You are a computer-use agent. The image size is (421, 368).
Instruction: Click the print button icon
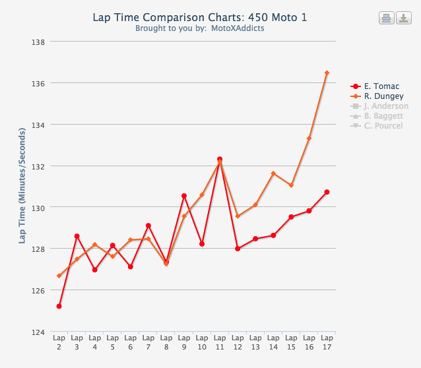(386, 18)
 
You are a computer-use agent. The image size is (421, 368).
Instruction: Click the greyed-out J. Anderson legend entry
(386, 106)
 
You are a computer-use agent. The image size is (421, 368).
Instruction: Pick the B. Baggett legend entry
(383, 116)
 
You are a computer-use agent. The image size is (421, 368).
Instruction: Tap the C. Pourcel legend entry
(383, 126)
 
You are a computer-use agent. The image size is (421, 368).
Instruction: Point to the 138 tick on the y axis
(38, 42)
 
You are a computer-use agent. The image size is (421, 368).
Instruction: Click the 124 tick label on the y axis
(38, 332)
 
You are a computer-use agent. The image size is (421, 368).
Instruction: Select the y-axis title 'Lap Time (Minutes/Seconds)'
(22, 186)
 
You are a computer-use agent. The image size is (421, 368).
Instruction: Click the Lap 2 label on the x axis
(59, 342)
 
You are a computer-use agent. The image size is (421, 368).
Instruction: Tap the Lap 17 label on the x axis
(327, 342)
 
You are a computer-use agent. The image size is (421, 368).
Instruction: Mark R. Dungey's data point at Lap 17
(327, 73)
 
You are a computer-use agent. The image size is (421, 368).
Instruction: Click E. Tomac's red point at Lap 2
(59, 306)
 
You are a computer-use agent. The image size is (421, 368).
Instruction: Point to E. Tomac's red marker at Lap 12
(238, 249)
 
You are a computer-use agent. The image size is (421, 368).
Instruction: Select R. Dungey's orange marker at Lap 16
(309, 138)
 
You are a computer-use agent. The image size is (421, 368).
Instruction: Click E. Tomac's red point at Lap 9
(184, 196)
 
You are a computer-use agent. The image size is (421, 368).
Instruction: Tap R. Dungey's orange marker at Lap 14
(273, 173)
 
